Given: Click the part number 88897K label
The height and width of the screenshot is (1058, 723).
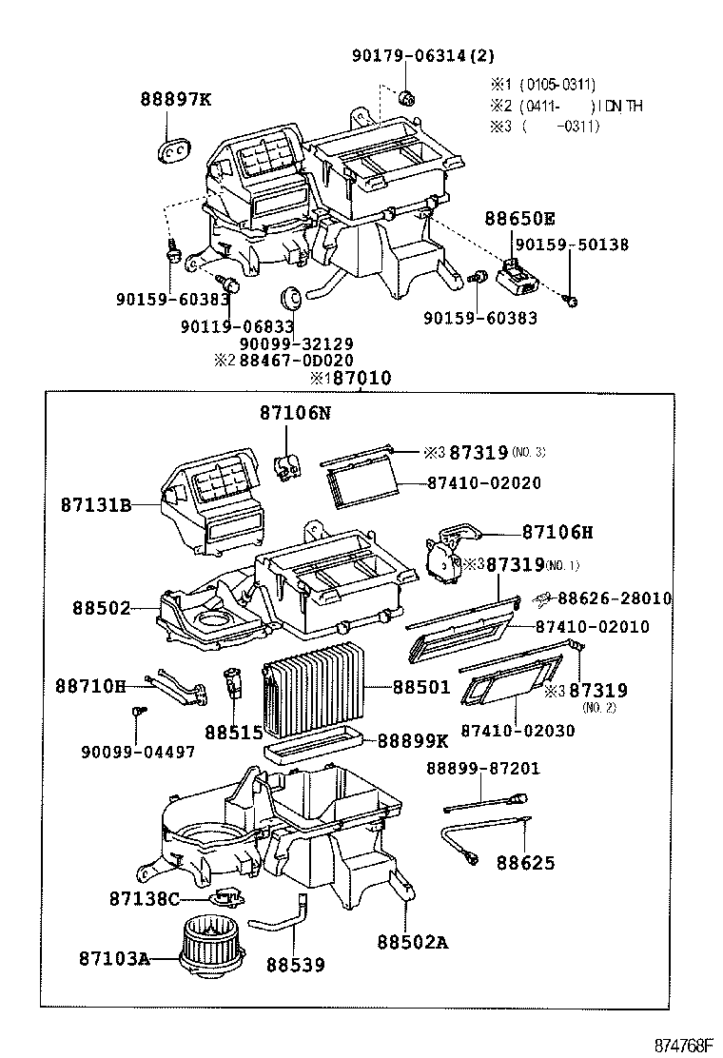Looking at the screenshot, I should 176,98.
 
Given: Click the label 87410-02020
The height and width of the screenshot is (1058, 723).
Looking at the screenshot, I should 483,483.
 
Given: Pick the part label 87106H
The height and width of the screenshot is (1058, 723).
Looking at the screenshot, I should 557,532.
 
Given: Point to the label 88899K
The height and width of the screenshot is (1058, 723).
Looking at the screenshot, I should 412,740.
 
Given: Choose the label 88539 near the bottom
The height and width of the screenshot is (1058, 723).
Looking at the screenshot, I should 295,965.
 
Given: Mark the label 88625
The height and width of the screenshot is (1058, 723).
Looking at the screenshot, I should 525,863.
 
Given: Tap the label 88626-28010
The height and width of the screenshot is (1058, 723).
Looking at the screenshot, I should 614,598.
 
